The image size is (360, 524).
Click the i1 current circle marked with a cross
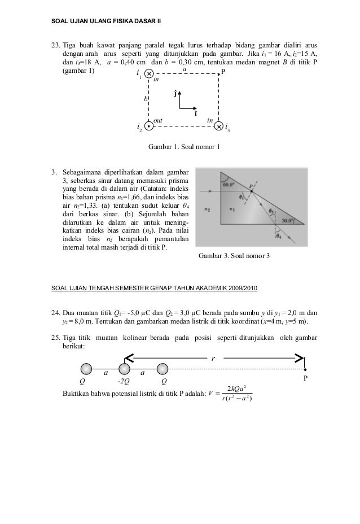click(148, 73)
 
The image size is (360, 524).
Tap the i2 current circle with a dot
click(148, 126)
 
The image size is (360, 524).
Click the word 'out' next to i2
click(159, 121)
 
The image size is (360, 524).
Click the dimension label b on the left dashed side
click(145, 99)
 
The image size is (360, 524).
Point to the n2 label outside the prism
click(208, 209)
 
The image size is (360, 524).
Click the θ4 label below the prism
click(278, 237)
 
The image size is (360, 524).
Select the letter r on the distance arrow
click(213, 359)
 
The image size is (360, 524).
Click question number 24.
click(56, 312)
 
